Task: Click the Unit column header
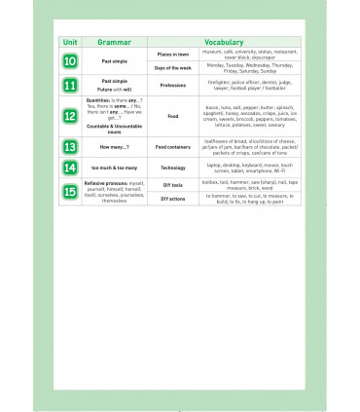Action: click(70, 43)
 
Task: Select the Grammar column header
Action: click(114, 43)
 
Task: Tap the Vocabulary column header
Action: click(224, 43)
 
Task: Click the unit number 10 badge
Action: click(70, 61)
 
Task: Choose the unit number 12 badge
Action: click(70, 116)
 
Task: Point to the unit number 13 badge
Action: click(70, 147)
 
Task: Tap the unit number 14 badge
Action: click(70, 168)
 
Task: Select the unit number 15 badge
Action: click(70, 191)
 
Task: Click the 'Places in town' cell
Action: click(172, 55)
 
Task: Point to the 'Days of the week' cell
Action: click(172, 69)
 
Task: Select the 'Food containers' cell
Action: click(172, 147)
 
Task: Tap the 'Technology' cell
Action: click(172, 168)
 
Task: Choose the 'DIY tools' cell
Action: click(172, 184)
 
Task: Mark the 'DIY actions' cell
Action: click(172, 199)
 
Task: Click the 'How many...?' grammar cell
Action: click(114, 147)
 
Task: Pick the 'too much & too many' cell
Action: click(114, 168)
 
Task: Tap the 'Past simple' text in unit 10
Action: click(114, 61)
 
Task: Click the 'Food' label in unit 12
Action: click(172, 116)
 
